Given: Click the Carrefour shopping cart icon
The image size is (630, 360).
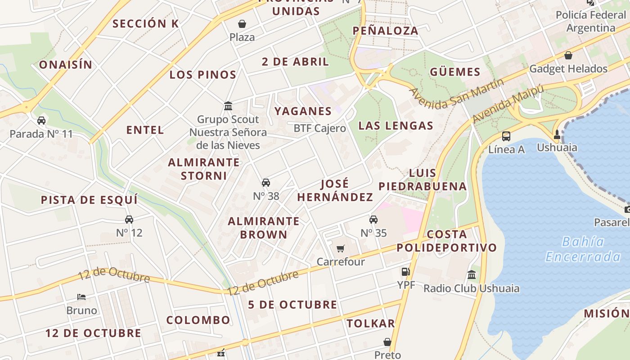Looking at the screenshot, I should (x=341, y=248).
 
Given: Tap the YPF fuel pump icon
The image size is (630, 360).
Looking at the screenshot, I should (x=405, y=271).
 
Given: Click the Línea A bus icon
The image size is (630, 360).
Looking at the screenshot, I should (x=506, y=136).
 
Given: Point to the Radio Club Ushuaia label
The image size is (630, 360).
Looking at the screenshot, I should (x=471, y=288).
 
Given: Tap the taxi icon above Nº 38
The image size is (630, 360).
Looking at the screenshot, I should (x=266, y=183).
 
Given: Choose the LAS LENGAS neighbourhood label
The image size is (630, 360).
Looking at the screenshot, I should (x=396, y=126).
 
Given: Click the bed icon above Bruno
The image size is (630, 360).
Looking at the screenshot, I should (x=81, y=297).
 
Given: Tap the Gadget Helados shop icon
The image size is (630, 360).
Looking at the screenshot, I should (x=568, y=55).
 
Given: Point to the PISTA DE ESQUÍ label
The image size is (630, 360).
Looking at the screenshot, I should (x=89, y=200).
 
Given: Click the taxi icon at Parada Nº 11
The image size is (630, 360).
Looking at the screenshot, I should (x=41, y=121).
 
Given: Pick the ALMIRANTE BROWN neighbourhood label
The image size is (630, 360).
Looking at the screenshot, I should (x=264, y=228).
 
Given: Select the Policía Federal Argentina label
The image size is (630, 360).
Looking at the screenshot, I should (x=590, y=21).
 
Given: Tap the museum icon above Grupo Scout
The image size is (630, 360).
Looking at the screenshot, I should (x=228, y=106).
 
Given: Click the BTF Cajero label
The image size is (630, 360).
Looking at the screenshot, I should (x=319, y=128).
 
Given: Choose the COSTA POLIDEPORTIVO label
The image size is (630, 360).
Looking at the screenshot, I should (x=446, y=241).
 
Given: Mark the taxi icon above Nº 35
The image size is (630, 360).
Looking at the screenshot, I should (x=373, y=220).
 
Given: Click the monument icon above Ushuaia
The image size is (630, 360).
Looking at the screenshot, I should (x=557, y=134).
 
